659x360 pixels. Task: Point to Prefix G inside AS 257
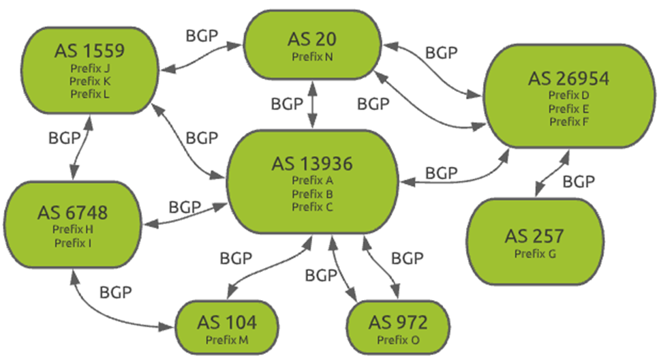pyautogui.click(x=534, y=254)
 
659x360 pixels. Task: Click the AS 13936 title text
pyautogui.click(x=311, y=164)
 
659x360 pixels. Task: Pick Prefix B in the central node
pyautogui.click(x=311, y=194)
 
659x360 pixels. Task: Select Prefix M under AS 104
pyautogui.click(x=227, y=340)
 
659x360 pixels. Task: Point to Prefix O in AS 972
pyautogui.click(x=398, y=340)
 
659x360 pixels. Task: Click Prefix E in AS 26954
pyautogui.click(x=568, y=108)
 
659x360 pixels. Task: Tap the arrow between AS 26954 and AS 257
pyautogui.click(x=550, y=174)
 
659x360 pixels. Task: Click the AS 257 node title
pyautogui.click(x=534, y=237)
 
